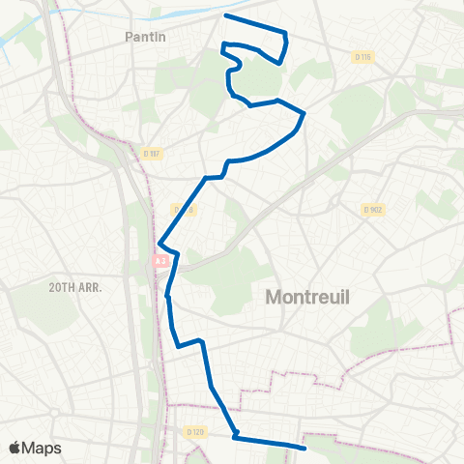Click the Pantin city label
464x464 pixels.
(x=146, y=37)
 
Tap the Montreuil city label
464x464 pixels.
(x=306, y=300)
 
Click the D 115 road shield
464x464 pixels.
(x=363, y=58)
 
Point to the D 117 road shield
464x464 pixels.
(x=151, y=153)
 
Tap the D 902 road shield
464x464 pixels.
(x=374, y=209)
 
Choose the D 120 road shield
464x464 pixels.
(x=195, y=431)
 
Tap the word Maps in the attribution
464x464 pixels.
(x=43, y=448)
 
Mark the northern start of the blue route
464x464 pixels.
(x=225, y=15)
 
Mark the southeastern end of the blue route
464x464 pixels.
(x=304, y=448)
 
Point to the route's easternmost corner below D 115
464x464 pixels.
(x=304, y=114)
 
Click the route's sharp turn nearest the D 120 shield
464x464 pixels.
(x=235, y=436)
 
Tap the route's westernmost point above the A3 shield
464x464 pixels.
(x=159, y=244)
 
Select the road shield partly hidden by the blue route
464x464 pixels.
(x=183, y=209)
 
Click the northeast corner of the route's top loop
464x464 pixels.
(x=286, y=34)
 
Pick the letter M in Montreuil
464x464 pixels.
(x=275, y=300)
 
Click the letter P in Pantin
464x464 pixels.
(x=130, y=37)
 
